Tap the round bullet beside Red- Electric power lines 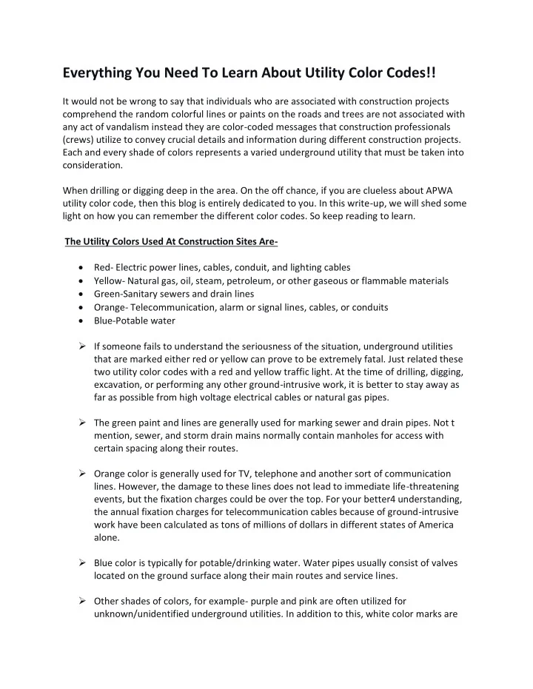pyautogui.click(x=79, y=267)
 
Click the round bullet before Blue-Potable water pyautogui.click(x=79, y=320)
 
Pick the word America pyautogui.click(x=429, y=528)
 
